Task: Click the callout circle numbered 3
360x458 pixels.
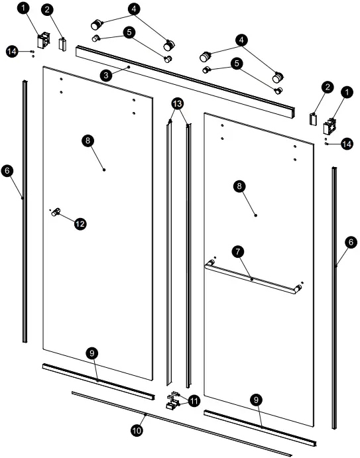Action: [x=106, y=76]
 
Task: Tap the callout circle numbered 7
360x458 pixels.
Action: [x=238, y=251]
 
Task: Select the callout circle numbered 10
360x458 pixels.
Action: [x=137, y=430]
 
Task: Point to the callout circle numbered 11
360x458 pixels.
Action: [x=194, y=401]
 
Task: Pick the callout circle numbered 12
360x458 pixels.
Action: [x=80, y=224]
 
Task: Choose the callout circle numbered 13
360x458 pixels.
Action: [x=178, y=103]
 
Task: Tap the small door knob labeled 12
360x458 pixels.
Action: [x=56, y=211]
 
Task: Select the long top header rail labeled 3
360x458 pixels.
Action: [x=185, y=82]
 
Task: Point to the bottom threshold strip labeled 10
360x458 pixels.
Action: [x=182, y=424]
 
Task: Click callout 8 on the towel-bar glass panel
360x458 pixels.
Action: [x=239, y=186]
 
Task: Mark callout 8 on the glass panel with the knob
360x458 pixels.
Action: [x=88, y=141]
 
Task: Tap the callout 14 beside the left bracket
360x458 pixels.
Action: [x=12, y=52]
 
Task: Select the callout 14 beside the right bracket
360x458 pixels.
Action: [x=347, y=144]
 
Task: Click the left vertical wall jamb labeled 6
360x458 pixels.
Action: [x=25, y=211]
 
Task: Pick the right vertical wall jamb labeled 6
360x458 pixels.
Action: [x=334, y=298]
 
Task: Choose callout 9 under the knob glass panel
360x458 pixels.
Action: [x=92, y=353]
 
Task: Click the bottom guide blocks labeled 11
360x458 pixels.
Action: [x=172, y=401]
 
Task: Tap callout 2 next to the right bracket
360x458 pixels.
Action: [x=328, y=87]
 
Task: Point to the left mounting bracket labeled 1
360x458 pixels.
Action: [x=43, y=40]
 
